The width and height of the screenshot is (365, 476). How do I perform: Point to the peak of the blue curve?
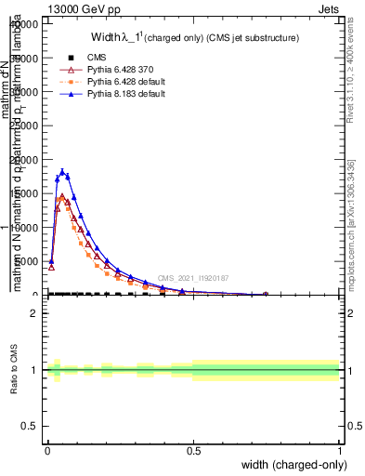tap(62, 171)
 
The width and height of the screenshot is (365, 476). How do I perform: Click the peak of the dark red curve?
tap(62, 196)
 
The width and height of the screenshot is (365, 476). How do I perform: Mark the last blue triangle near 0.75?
tap(266, 294)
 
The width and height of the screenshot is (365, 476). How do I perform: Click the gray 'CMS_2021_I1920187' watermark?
tap(192, 278)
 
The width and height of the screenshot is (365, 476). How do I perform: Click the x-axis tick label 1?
tap(339, 451)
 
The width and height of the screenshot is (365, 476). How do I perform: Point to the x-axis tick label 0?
tap(46, 451)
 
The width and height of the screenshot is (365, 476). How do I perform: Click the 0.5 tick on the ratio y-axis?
tap(31, 426)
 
